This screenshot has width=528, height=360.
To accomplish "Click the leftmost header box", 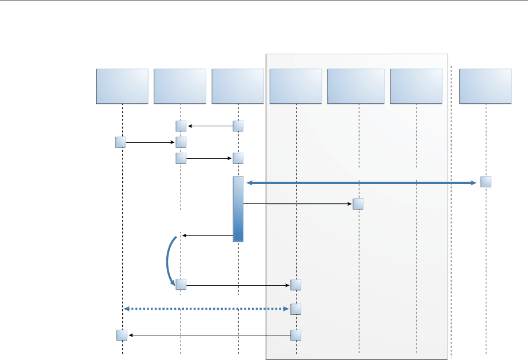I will pyautogui.click(x=122, y=86).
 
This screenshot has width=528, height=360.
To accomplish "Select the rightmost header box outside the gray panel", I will pyautogui.click(x=485, y=86).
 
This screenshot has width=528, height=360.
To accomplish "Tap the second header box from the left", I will pyautogui.click(x=180, y=86).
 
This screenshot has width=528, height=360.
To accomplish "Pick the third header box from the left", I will pyautogui.click(x=238, y=86).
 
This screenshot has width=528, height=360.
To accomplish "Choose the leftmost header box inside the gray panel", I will pyautogui.click(x=296, y=86).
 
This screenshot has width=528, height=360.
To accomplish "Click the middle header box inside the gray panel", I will pyautogui.click(x=356, y=86).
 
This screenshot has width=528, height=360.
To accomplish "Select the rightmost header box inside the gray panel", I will pyautogui.click(x=416, y=86).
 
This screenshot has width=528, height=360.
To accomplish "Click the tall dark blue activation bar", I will pyautogui.click(x=238, y=209).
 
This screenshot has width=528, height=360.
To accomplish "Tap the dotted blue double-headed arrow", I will pyautogui.click(x=206, y=309).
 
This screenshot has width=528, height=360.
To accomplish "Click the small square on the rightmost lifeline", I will pyautogui.click(x=486, y=182).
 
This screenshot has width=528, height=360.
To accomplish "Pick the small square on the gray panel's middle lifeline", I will pyautogui.click(x=358, y=204).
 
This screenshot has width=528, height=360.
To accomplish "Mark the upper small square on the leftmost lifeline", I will pyautogui.click(x=121, y=142).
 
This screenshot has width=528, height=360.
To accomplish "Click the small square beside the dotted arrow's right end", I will pyautogui.click(x=295, y=309).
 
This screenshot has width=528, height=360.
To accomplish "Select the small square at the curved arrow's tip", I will pyautogui.click(x=181, y=284).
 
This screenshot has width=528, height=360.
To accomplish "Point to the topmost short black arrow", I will pyautogui.click(x=210, y=126).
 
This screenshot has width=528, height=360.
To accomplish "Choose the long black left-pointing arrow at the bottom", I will pyautogui.click(x=209, y=335).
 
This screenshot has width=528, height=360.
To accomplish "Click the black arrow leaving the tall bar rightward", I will pyautogui.click(x=297, y=203).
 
